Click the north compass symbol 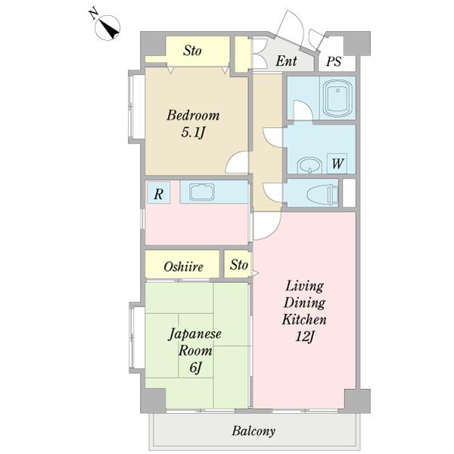107,28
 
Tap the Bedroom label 193,115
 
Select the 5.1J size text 193,132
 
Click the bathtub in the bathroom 337,98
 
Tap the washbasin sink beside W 309,165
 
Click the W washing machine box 337,163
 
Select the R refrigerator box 158,193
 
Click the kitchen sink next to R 202,192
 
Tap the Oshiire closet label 183,266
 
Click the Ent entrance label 286,61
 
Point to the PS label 334,61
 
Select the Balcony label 253,431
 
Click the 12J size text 305,337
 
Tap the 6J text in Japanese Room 195,368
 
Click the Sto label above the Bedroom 192,51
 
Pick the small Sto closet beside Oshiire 238,264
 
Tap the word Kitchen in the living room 304,319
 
